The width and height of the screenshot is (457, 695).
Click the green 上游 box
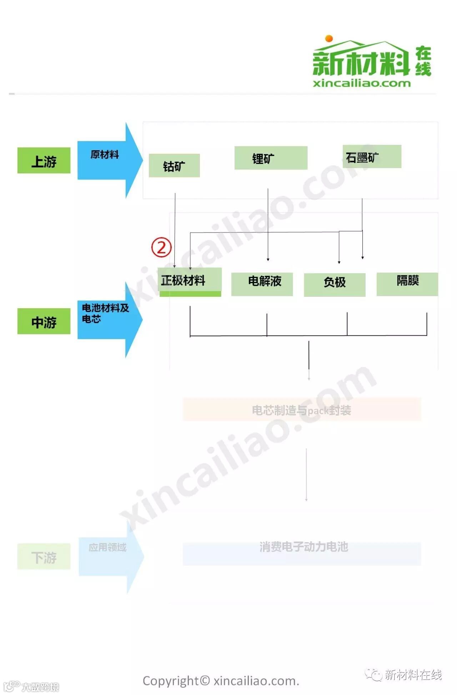(44, 161)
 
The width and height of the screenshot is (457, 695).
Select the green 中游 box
(44, 321)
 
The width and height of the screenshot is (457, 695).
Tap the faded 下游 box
(44, 557)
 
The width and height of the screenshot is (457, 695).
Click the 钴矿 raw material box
(174, 166)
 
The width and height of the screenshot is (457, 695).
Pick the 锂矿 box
(271, 158)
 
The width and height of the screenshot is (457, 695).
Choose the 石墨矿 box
(372, 157)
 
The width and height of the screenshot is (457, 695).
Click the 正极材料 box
(190, 281)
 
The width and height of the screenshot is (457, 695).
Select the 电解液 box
(262, 284)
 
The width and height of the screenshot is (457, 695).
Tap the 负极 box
(335, 284)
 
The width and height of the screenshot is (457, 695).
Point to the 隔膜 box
(407, 284)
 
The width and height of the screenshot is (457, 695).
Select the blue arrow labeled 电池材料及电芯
(107, 319)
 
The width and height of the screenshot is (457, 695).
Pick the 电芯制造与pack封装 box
(302, 410)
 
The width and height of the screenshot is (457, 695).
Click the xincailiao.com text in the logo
(361, 83)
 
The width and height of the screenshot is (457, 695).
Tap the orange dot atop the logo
(329, 39)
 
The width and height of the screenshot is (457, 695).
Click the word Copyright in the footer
(170, 681)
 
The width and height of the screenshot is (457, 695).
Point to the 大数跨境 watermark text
(40, 687)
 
